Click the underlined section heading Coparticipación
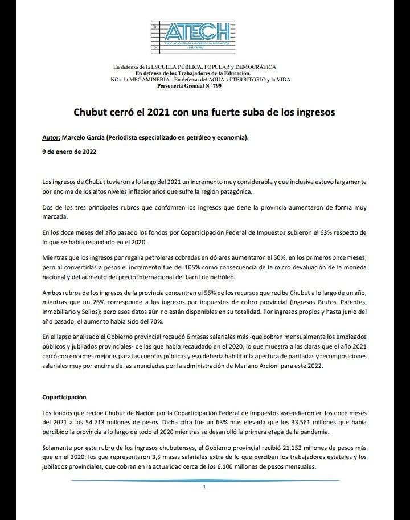(64, 397)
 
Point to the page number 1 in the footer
(204, 487)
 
